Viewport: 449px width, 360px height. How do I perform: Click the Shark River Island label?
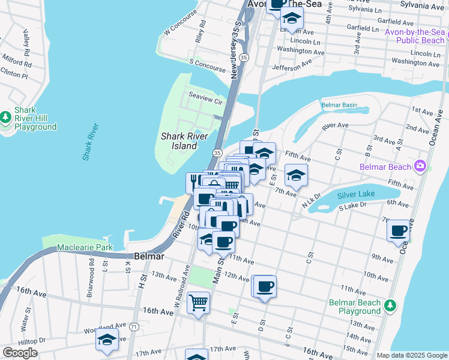(179, 141)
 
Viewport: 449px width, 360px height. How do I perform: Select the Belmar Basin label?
(339, 105)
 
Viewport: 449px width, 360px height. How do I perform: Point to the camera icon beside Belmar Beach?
(420, 166)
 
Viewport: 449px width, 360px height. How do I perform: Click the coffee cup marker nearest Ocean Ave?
(399, 230)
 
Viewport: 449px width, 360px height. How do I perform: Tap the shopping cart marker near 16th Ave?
(198, 302)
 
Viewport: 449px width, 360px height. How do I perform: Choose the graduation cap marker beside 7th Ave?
(296, 175)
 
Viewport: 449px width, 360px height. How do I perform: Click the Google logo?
(20, 353)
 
